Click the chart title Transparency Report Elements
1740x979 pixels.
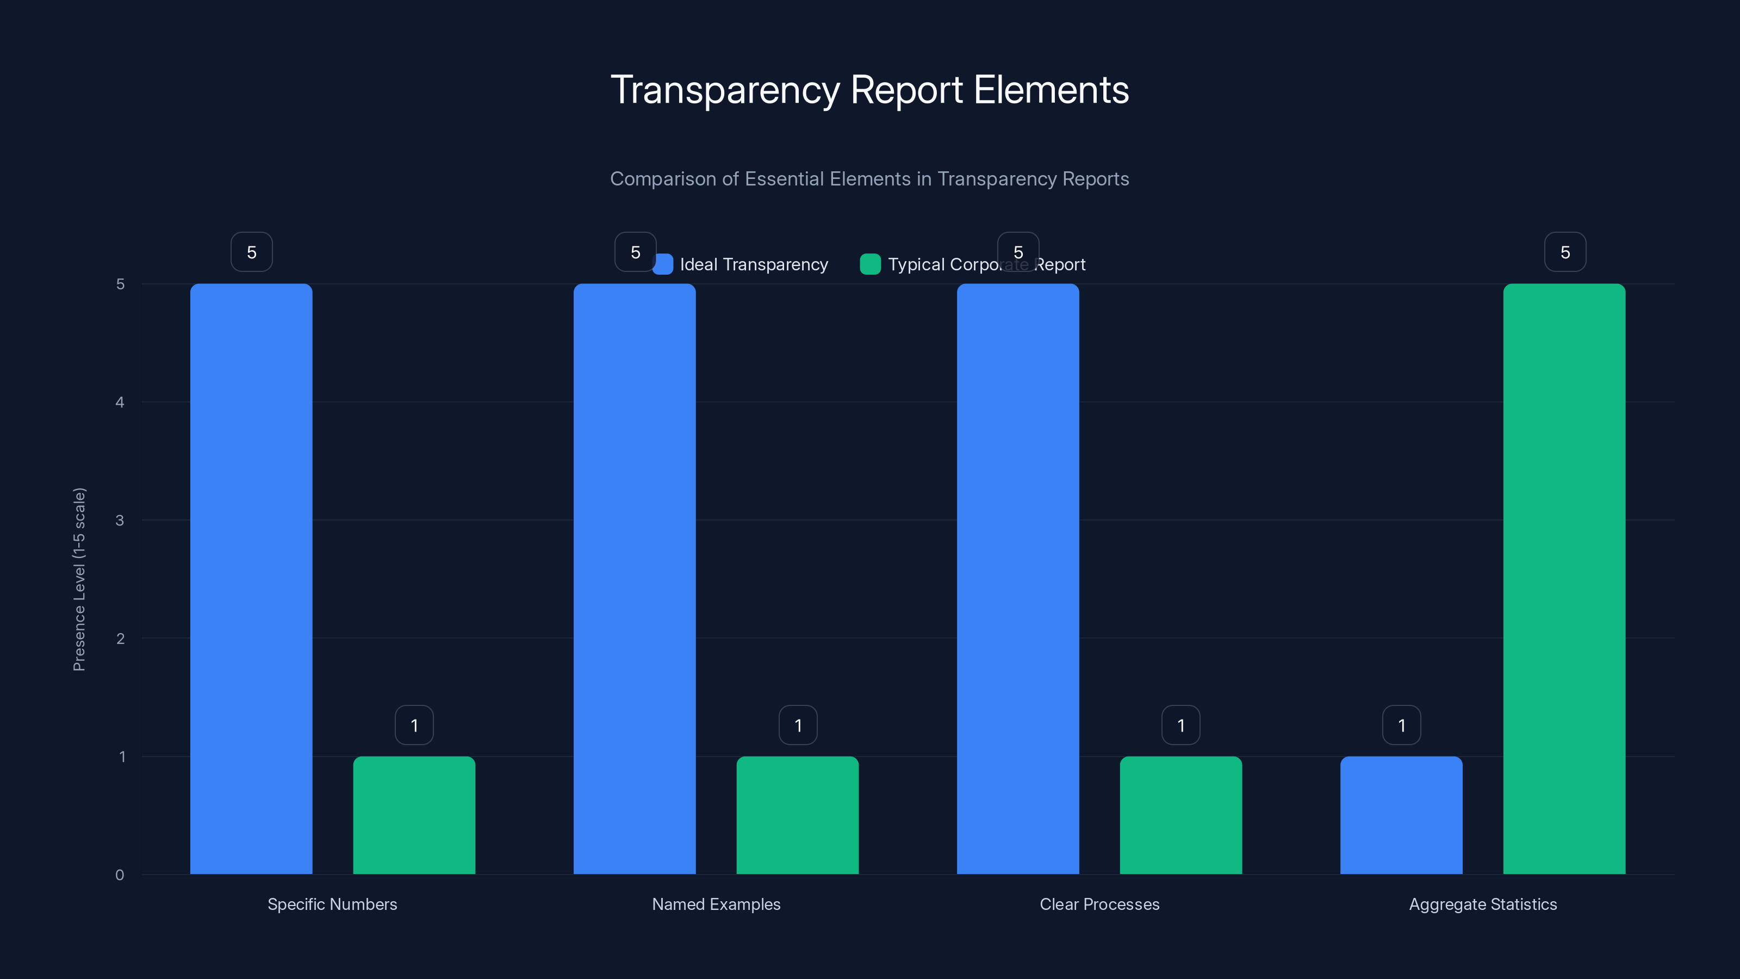click(x=869, y=90)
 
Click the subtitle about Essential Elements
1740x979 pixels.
click(x=869, y=179)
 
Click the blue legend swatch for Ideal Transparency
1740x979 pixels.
click(x=663, y=264)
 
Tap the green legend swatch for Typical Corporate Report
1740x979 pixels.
click(x=870, y=264)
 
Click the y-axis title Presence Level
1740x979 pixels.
click(x=79, y=579)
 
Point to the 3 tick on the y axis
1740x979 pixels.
click(x=120, y=521)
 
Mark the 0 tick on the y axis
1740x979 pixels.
click(x=120, y=875)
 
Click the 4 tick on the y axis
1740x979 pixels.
click(x=120, y=402)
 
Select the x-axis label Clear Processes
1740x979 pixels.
click(x=1099, y=904)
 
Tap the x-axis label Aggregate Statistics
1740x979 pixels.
click(x=1483, y=904)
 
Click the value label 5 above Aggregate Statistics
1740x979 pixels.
click(x=1565, y=252)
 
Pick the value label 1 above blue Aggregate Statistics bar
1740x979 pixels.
click(x=1402, y=725)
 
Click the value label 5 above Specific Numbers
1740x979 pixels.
click(x=251, y=252)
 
